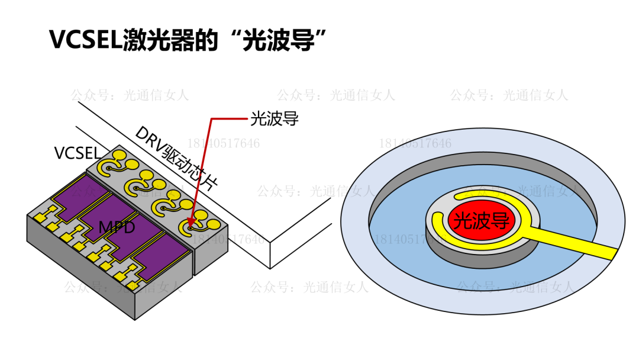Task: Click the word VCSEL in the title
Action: tap(85, 40)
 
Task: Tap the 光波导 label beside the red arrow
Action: tap(274, 119)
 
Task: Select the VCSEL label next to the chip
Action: tap(76, 153)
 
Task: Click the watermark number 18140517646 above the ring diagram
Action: tap(415, 143)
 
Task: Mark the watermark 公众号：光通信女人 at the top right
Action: tap(508, 95)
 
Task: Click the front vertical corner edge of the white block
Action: tap(270, 255)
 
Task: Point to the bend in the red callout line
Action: tap(211, 120)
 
